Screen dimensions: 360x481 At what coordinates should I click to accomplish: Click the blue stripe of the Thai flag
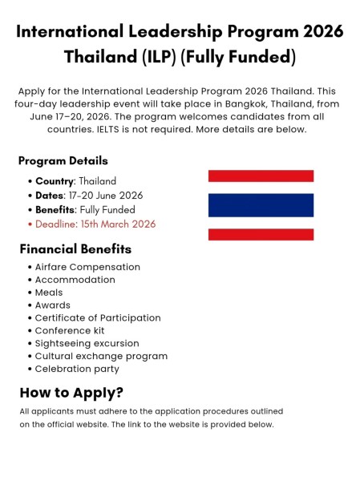pos(261,204)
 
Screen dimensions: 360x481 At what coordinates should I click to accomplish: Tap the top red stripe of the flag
pos(261,176)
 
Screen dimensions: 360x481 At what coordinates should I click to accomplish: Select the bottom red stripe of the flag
pos(261,234)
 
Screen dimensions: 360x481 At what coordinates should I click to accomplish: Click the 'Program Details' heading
pos(63,161)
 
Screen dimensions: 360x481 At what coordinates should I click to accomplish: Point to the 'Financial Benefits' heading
pos(71,249)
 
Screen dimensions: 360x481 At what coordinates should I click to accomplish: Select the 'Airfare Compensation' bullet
pos(87,267)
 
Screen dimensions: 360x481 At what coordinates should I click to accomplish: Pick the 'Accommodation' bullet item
pos(75,280)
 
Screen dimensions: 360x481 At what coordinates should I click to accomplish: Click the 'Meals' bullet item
pos(49,293)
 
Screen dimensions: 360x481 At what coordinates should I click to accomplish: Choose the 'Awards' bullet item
pos(53,305)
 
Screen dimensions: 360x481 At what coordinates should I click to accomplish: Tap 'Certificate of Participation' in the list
pos(98,318)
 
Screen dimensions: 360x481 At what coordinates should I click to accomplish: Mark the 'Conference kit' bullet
pos(70,330)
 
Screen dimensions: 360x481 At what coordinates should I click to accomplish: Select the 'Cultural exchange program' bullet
pos(101,356)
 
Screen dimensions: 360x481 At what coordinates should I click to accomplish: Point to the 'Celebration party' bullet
pos(77,369)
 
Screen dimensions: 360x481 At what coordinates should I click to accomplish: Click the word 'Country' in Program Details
pos(54,181)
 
